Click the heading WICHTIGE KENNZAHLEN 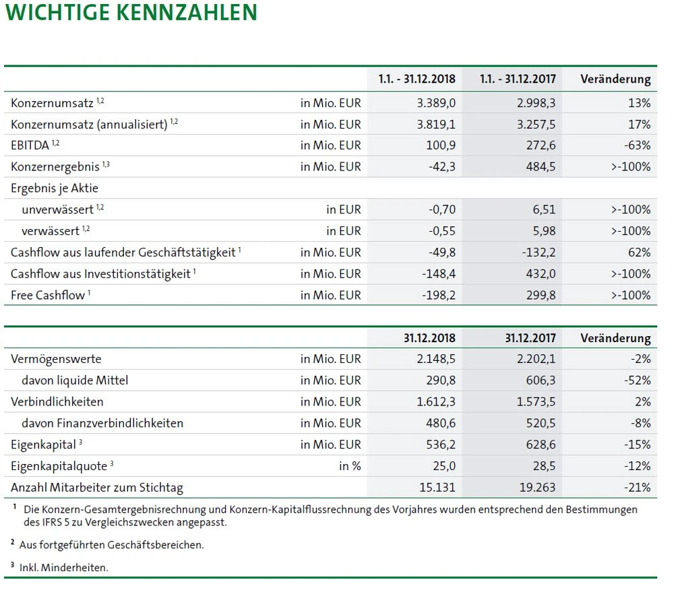(x=131, y=13)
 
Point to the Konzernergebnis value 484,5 (x=542, y=167)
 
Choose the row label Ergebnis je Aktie (x=55, y=189)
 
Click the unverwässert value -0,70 (x=442, y=210)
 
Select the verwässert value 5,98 (x=544, y=231)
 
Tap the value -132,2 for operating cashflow (x=537, y=253)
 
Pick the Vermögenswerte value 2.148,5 (x=437, y=359)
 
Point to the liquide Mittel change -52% (x=637, y=381)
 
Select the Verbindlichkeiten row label (x=57, y=402)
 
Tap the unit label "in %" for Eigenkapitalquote (x=350, y=466)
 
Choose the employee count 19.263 (x=537, y=488)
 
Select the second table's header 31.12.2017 (x=530, y=338)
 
